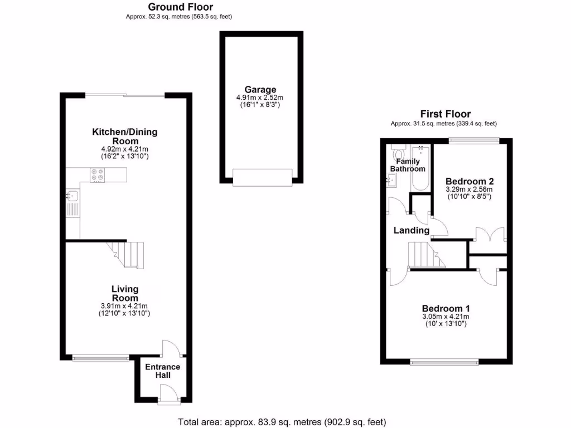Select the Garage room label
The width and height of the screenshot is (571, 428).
tap(260, 89)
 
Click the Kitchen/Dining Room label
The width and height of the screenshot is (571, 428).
tap(124, 137)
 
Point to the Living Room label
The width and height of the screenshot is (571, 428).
tap(125, 293)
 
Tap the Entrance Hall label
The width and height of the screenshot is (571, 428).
tap(162, 371)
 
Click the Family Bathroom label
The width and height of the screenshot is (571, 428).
tap(407, 165)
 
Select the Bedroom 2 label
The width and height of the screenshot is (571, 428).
tap(470, 181)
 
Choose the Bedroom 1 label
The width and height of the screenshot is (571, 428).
tap(446, 309)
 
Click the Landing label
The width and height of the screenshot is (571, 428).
tap(412, 230)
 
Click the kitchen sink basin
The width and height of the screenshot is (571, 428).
tap(72, 195)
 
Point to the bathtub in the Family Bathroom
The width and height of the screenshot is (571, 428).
tap(419, 167)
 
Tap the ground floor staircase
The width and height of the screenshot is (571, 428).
tap(127, 254)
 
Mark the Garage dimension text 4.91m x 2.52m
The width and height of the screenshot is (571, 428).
tap(260, 98)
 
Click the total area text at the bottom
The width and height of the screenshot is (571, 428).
tap(282, 421)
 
